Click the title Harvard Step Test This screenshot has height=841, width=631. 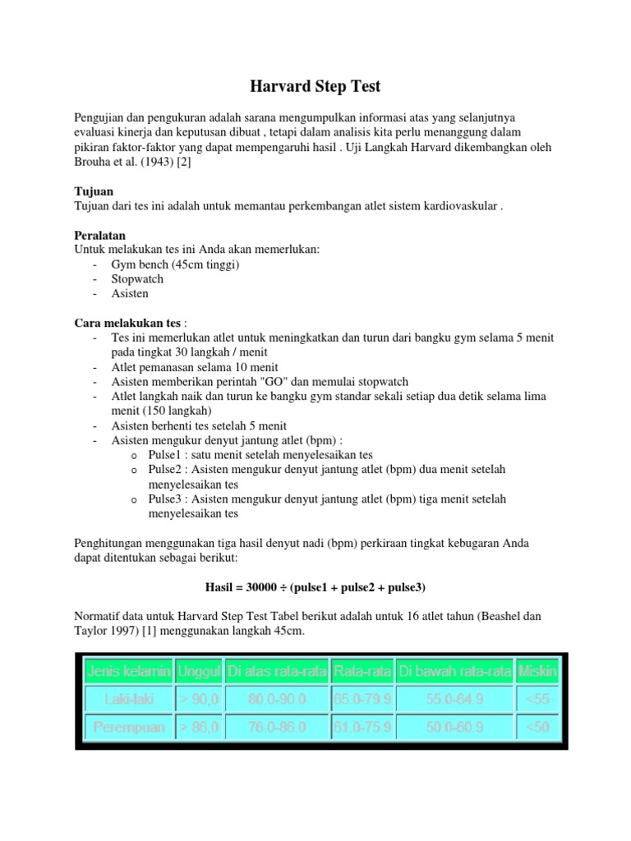315,85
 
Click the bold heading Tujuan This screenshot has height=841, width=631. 94,191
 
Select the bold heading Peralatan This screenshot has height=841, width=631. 100,235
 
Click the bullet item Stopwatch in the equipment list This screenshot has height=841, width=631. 137,278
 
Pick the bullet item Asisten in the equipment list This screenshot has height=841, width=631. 131,293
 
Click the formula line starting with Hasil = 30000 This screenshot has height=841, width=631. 315,587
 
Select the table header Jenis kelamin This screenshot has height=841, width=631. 127,671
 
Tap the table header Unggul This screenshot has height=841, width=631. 198,671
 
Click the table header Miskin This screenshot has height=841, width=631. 537,671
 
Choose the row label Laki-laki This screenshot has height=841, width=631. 127,699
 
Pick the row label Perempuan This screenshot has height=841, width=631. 127,727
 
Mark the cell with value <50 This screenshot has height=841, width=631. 537,727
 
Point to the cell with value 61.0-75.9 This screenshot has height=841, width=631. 362,727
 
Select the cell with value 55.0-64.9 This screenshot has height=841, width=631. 454,699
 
